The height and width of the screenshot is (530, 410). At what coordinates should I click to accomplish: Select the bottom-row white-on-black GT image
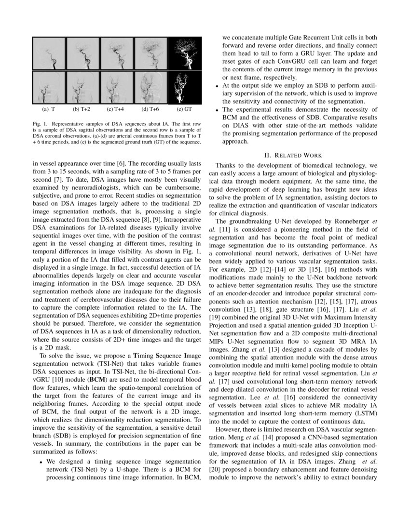(x=187, y=87)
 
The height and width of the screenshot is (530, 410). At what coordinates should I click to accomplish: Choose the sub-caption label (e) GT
(x=188, y=109)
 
